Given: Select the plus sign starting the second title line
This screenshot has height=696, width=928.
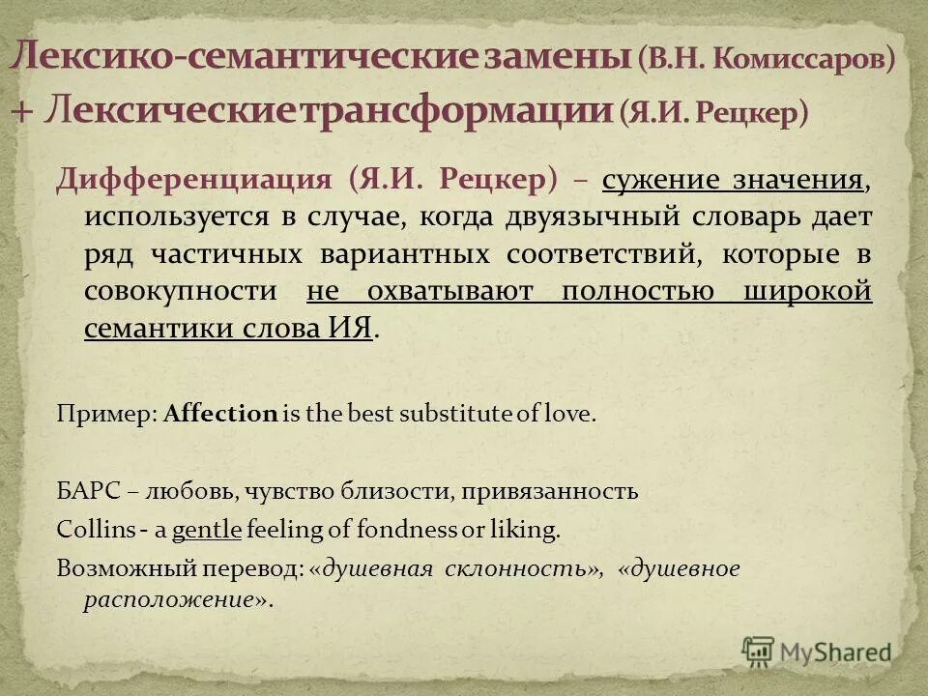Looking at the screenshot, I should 22,110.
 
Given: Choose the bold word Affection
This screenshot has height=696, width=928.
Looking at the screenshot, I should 221,415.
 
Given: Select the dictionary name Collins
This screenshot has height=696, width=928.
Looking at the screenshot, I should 88,530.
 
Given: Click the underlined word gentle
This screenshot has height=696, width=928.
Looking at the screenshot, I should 207,530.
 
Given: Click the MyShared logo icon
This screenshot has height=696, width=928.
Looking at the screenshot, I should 759,651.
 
